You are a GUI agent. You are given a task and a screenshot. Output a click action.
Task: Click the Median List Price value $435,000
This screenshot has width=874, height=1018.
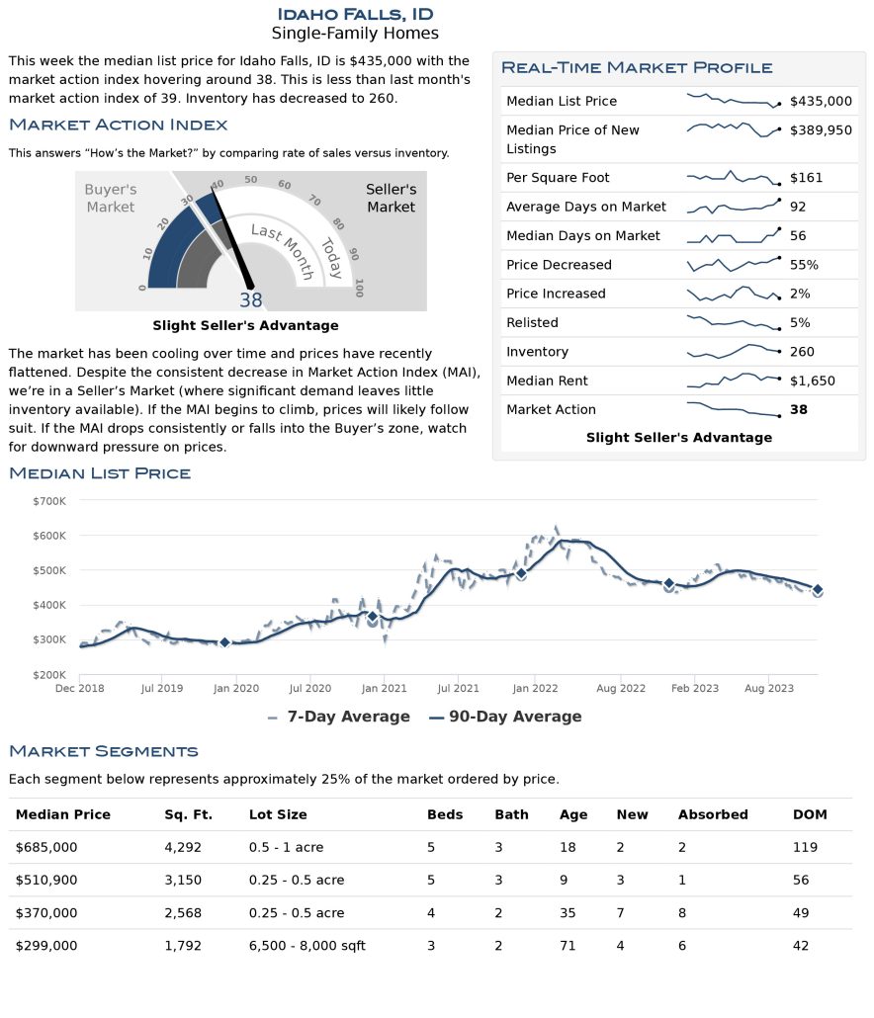coord(821,101)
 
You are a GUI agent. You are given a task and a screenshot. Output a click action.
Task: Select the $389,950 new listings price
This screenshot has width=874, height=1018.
coord(821,129)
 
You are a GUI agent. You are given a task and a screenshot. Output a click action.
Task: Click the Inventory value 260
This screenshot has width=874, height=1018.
coord(802,352)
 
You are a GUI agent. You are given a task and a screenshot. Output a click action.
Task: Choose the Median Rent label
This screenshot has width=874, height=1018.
coord(547,381)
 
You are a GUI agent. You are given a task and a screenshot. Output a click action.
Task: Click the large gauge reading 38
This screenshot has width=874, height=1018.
coord(251,300)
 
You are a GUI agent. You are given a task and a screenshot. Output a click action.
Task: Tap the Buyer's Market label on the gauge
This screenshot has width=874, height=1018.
coord(110,198)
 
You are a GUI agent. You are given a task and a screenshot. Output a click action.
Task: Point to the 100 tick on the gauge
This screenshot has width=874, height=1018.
coord(359,288)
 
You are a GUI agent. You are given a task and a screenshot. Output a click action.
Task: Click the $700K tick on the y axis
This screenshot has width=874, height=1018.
coord(49,501)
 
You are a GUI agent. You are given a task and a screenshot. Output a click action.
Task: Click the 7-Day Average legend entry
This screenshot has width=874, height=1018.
coord(338,717)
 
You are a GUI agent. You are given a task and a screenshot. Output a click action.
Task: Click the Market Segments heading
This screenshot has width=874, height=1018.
coord(104,751)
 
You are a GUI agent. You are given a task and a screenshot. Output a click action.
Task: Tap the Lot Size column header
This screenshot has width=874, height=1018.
coord(278,814)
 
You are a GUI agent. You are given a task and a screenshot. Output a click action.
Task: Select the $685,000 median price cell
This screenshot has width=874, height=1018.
coord(46,847)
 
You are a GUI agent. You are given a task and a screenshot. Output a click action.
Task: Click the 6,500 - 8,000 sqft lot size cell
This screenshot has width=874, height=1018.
coord(306,946)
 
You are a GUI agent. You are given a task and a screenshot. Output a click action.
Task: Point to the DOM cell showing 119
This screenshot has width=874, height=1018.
coord(807,847)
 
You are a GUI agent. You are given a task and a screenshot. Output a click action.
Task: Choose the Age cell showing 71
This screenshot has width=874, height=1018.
coord(568,946)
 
